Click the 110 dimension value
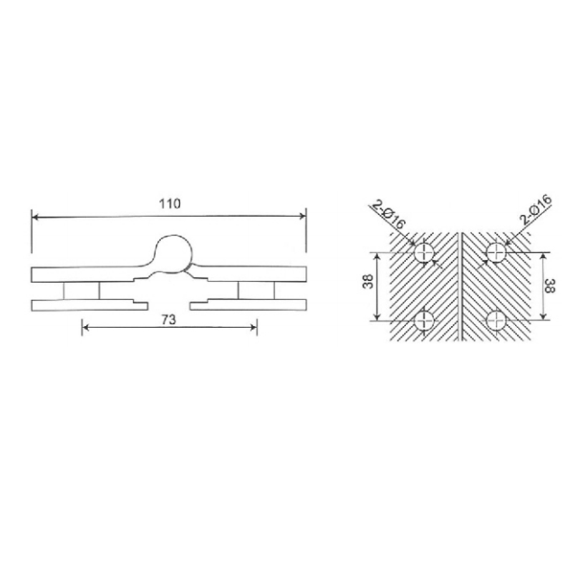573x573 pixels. click(169, 203)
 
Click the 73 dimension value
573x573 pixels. click(169, 320)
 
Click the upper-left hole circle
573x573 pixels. click(425, 252)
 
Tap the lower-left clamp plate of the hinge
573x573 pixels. click(90, 306)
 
